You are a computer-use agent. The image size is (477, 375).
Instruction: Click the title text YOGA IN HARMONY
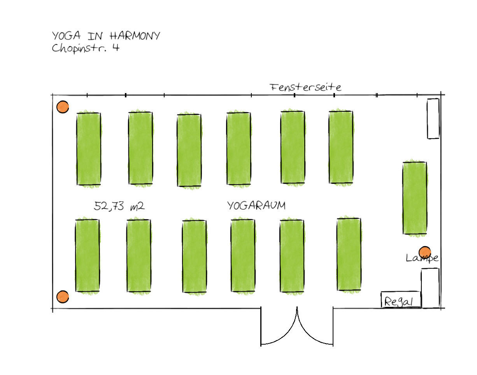106,36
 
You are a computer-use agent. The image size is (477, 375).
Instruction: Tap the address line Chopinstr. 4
85,49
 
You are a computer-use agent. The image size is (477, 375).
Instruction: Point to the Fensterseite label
306,87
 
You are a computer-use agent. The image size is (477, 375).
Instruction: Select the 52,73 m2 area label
119,206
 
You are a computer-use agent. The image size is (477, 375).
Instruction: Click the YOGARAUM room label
256,206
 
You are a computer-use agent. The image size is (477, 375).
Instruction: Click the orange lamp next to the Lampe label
424,252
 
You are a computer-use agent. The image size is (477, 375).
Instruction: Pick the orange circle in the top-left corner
63,107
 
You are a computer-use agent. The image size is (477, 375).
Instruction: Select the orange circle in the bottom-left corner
62,297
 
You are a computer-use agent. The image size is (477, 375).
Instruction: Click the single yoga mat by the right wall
415,198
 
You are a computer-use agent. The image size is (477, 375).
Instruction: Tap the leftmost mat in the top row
89,149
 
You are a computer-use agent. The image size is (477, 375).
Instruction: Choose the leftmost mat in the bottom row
88,255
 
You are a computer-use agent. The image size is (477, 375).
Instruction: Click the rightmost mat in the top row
341,147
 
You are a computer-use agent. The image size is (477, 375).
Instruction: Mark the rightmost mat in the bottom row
349,254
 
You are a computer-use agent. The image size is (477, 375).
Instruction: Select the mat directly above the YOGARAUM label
239,148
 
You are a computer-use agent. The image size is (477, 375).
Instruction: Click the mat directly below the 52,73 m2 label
139,255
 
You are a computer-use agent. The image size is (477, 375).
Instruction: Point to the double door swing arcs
297,327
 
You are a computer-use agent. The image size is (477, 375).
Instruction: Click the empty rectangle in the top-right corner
433,118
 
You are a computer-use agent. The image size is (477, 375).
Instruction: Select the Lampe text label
422,258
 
